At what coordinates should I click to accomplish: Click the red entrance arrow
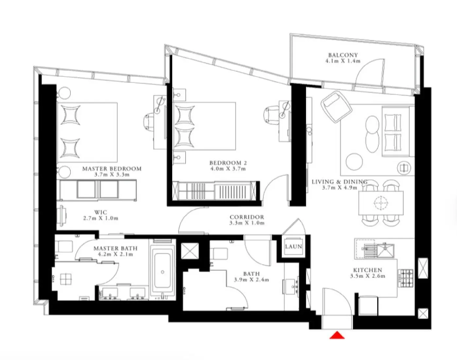tap(337, 335)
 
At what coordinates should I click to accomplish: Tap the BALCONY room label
tap(343, 55)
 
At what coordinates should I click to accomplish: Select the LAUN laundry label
tap(293, 246)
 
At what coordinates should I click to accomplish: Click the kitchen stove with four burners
tap(405, 278)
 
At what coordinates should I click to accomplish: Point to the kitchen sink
tap(385, 250)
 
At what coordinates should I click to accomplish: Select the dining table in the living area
tap(381, 203)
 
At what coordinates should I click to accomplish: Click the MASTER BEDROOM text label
tap(112, 169)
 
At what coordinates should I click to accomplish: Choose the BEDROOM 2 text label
tap(228, 163)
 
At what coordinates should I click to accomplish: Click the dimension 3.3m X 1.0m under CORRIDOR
tap(247, 223)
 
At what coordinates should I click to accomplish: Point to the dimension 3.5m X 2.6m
tap(367, 276)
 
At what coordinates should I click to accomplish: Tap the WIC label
tap(101, 212)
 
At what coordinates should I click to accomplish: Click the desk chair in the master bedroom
tap(149, 121)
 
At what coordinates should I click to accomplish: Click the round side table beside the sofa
tap(405, 168)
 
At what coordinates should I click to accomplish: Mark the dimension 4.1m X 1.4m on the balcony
tap(343, 61)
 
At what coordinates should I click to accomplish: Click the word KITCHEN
tap(367, 270)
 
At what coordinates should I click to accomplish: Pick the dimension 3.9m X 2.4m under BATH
tap(251, 279)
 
